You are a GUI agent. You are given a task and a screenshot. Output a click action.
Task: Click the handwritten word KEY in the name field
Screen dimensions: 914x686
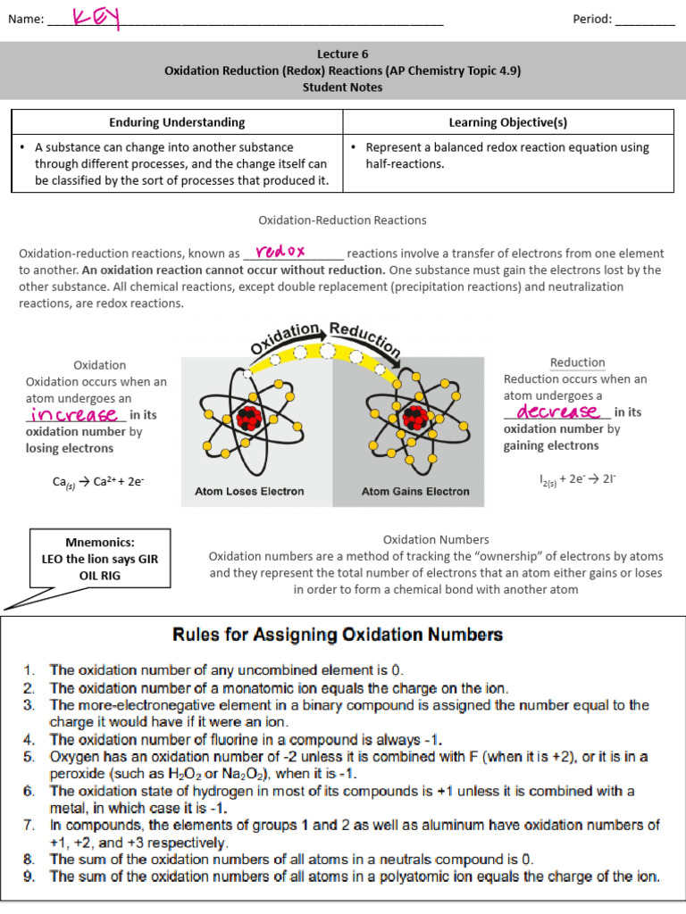(96, 17)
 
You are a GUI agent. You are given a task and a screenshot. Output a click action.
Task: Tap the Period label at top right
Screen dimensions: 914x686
(591, 19)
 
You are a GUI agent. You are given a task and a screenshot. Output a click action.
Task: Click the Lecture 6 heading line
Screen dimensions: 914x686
(342, 54)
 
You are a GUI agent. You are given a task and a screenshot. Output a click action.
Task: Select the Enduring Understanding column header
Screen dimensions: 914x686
(177, 122)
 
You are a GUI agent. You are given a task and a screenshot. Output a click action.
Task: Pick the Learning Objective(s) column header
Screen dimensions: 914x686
(507, 122)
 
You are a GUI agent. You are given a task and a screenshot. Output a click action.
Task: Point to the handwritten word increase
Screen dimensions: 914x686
(75, 415)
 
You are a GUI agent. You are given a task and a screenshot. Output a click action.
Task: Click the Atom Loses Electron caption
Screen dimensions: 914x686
(249, 491)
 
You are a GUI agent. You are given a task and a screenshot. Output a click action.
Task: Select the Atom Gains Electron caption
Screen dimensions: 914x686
(414, 491)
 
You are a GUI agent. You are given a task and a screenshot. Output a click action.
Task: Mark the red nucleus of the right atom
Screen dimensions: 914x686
(414, 418)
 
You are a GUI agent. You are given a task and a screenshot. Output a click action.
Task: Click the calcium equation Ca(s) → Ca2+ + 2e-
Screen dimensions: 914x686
(98, 482)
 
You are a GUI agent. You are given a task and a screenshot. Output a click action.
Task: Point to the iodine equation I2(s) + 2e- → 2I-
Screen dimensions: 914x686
(577, 478)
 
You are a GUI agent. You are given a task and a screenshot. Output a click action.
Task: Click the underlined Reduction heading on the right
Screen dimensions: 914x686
(577, 362)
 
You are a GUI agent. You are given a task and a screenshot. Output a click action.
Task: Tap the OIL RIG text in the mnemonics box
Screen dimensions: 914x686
(99, 576)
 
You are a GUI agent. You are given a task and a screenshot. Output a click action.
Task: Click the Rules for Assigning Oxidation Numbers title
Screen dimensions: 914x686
(337, 636)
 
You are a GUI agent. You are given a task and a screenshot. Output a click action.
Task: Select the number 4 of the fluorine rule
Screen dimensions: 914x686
(29, 739)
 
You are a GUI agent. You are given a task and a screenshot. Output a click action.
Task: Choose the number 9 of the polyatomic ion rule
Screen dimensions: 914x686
(29, 877)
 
